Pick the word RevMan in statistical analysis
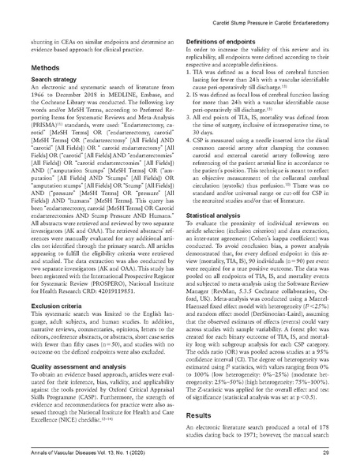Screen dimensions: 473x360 216,295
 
